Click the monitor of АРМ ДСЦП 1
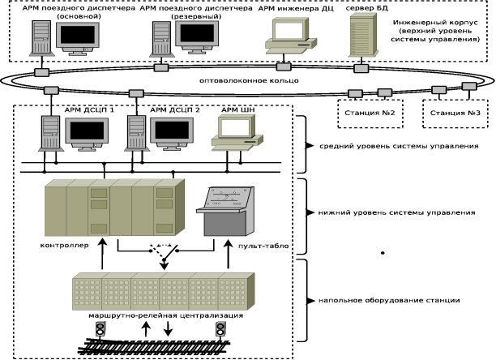pos(91,131)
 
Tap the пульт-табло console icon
pos(227,210)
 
